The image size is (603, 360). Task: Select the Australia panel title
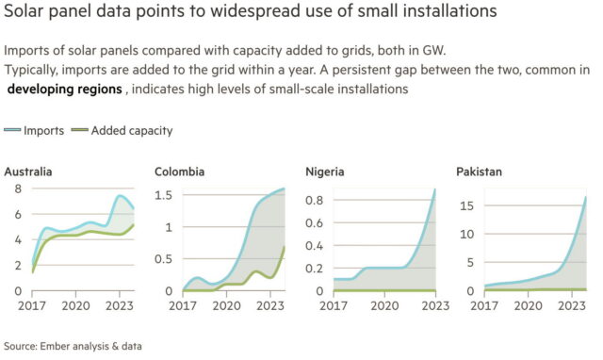click(x=28, y=172)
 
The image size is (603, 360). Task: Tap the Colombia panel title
click(x=179, y=172)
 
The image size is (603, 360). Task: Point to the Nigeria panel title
click(x=325, y=172)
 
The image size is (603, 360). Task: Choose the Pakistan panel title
click(x=478, y=172)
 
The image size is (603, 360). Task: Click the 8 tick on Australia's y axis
click(x=15, y=189)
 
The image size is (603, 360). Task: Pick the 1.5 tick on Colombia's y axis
click(x=163, y=195)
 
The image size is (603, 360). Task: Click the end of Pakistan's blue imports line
click(x=586, y=197)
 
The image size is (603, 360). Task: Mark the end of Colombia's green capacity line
click(x=285, y=246)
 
